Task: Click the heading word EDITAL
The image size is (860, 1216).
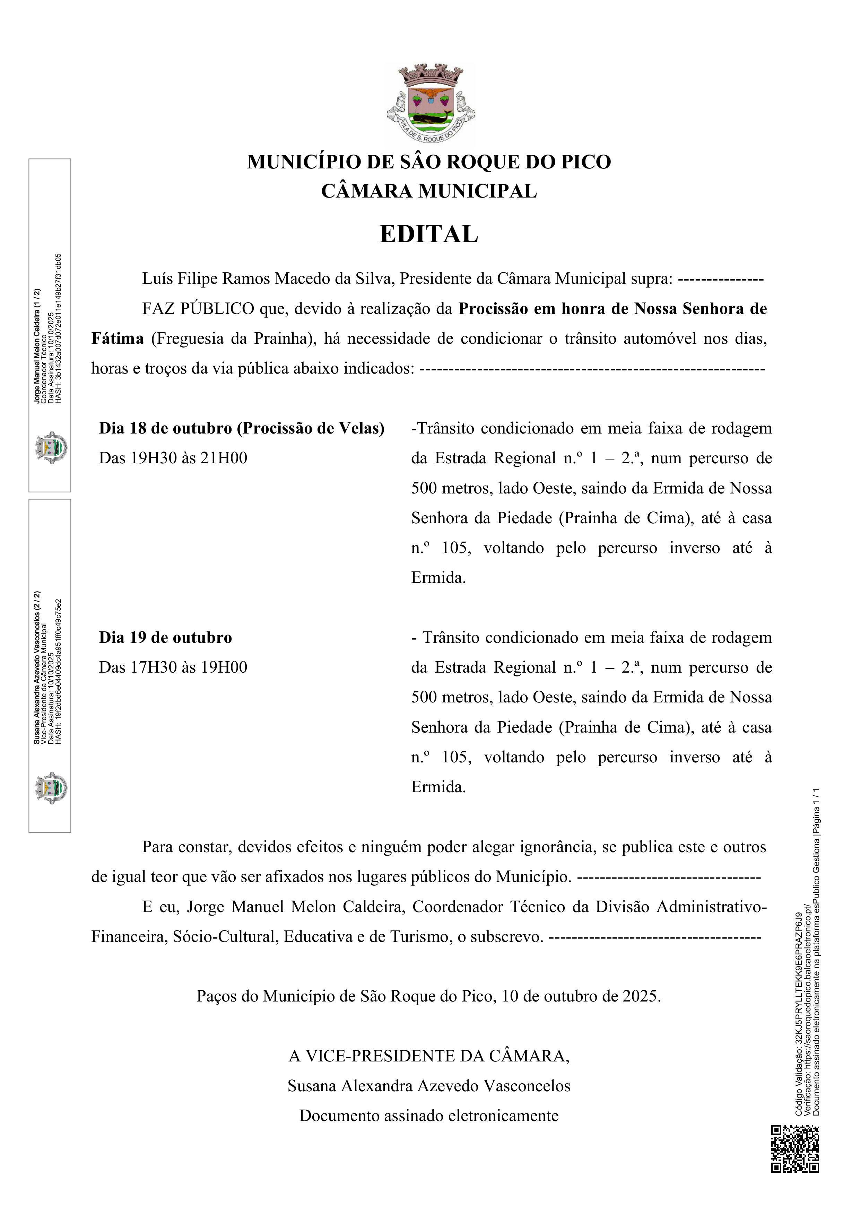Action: [x=429, y=235]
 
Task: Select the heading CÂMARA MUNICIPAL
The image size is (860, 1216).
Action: [x=429, y=191]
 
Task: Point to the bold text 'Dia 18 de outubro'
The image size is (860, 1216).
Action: [x=165, y=428]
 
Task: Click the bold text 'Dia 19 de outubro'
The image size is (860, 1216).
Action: [x=165, y=637]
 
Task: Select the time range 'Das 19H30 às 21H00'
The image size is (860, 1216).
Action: [x=173, y=458]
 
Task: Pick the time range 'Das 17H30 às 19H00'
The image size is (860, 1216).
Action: [x=173, y=667]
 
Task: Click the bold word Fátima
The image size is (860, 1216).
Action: [x=118, y=339]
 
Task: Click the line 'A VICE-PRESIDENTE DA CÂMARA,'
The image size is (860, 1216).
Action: [x=429, y=1056]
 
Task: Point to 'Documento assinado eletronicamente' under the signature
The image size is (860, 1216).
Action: [x=429, y=1116]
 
